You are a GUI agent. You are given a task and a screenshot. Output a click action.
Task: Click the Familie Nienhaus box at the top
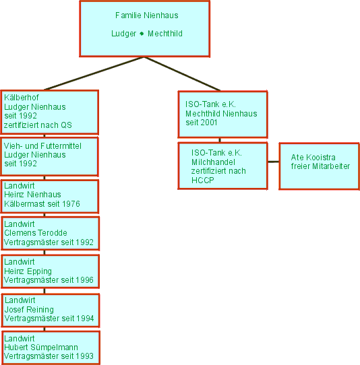coord(145,29)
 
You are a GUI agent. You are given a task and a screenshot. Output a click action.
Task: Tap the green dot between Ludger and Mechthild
coord(142,34)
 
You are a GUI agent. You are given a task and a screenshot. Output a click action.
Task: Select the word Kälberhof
coord(22,97)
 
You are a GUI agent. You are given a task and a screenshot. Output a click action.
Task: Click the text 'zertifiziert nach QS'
coord(38,125)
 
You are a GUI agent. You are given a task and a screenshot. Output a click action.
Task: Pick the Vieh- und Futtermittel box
coord(49,156)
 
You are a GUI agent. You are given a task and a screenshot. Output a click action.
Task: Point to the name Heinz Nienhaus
coord(32,195)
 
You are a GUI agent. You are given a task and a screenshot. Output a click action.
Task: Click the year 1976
coord(71,204)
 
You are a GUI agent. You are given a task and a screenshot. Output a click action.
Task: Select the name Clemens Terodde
coord(36,233)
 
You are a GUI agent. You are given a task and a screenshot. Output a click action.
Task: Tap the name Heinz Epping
coord(28,271)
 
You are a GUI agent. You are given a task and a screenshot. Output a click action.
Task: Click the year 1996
coord(84,279)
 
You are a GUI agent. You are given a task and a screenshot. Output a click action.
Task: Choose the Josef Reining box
coord(51,310)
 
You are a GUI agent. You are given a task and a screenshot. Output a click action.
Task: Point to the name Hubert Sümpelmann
coord(41,347)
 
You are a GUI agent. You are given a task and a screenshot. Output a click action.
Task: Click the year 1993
coord(84,356)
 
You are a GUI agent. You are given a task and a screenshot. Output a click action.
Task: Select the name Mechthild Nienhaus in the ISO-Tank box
coord(221,114)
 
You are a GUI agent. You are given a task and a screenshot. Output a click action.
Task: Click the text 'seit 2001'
coord(202,123)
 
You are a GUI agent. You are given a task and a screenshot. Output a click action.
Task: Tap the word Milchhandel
coord(213,162)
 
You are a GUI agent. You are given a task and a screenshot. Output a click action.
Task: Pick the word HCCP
coord(203,180)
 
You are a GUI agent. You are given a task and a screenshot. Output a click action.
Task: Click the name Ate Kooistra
coord(313,158)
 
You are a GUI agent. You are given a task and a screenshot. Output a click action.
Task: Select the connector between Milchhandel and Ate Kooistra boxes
coord(273,162)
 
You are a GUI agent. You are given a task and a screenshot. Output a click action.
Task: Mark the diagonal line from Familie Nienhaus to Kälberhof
coord(94,73)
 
